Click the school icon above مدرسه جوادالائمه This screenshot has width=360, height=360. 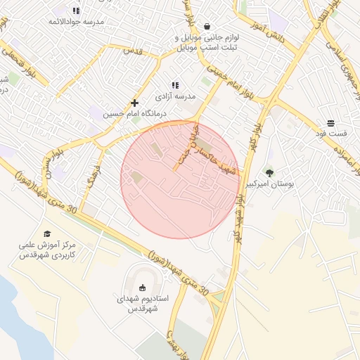tap(76, 11)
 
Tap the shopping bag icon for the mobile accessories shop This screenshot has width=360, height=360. tap(206, 25)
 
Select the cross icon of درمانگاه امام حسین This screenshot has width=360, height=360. tap(134, 103)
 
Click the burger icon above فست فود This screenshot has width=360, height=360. tap(330, 123)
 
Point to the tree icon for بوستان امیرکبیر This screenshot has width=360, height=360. tap(269, 172)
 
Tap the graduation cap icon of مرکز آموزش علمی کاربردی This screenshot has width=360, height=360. tap(47, 234)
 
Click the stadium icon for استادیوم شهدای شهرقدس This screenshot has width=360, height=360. tap(143, 287)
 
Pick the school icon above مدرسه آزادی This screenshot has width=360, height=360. tap(174, 85)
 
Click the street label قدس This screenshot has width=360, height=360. tap(133, 51)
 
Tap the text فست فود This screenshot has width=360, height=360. tap(331, 134)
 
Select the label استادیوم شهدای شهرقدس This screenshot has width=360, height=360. tap(142, 303)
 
